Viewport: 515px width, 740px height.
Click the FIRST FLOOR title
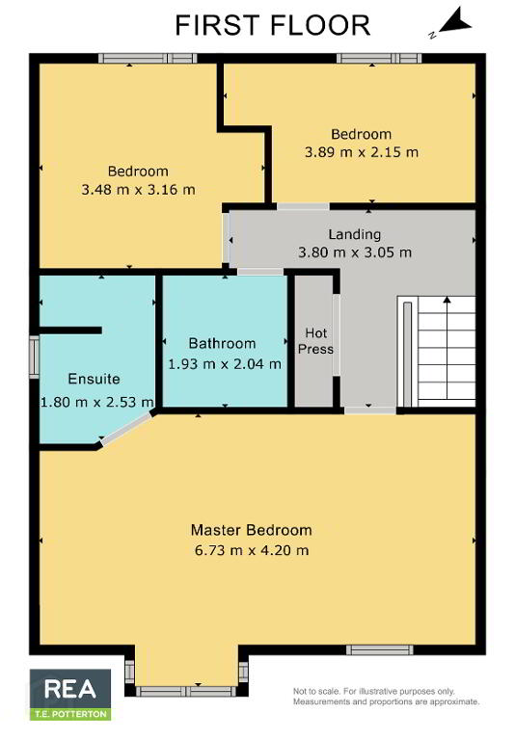(273, 25)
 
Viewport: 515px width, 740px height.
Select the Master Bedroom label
(252, 530)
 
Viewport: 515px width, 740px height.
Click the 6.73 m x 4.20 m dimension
(252, 550)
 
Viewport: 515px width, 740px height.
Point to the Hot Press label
(315, 341)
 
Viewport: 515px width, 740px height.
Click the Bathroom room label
(222, 344)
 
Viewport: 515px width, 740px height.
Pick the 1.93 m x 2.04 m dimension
(225, 364)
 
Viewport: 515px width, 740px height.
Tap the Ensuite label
(94, 379)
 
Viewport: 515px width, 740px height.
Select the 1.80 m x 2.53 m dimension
(96, 402)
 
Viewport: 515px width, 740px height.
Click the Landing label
(354, 234)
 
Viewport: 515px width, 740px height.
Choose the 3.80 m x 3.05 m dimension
(355, 252)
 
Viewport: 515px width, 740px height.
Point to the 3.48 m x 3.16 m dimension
(138, 190)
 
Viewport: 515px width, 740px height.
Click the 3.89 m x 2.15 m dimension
(362, 152)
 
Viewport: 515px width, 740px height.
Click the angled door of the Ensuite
(126, 429)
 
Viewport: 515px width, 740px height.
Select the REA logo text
(70, 689)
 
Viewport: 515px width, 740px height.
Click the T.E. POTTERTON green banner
(70, 714)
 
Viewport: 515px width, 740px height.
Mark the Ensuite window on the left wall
(34, 357)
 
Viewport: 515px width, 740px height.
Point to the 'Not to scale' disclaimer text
(386, 697)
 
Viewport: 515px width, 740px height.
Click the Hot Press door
(336, 334)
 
